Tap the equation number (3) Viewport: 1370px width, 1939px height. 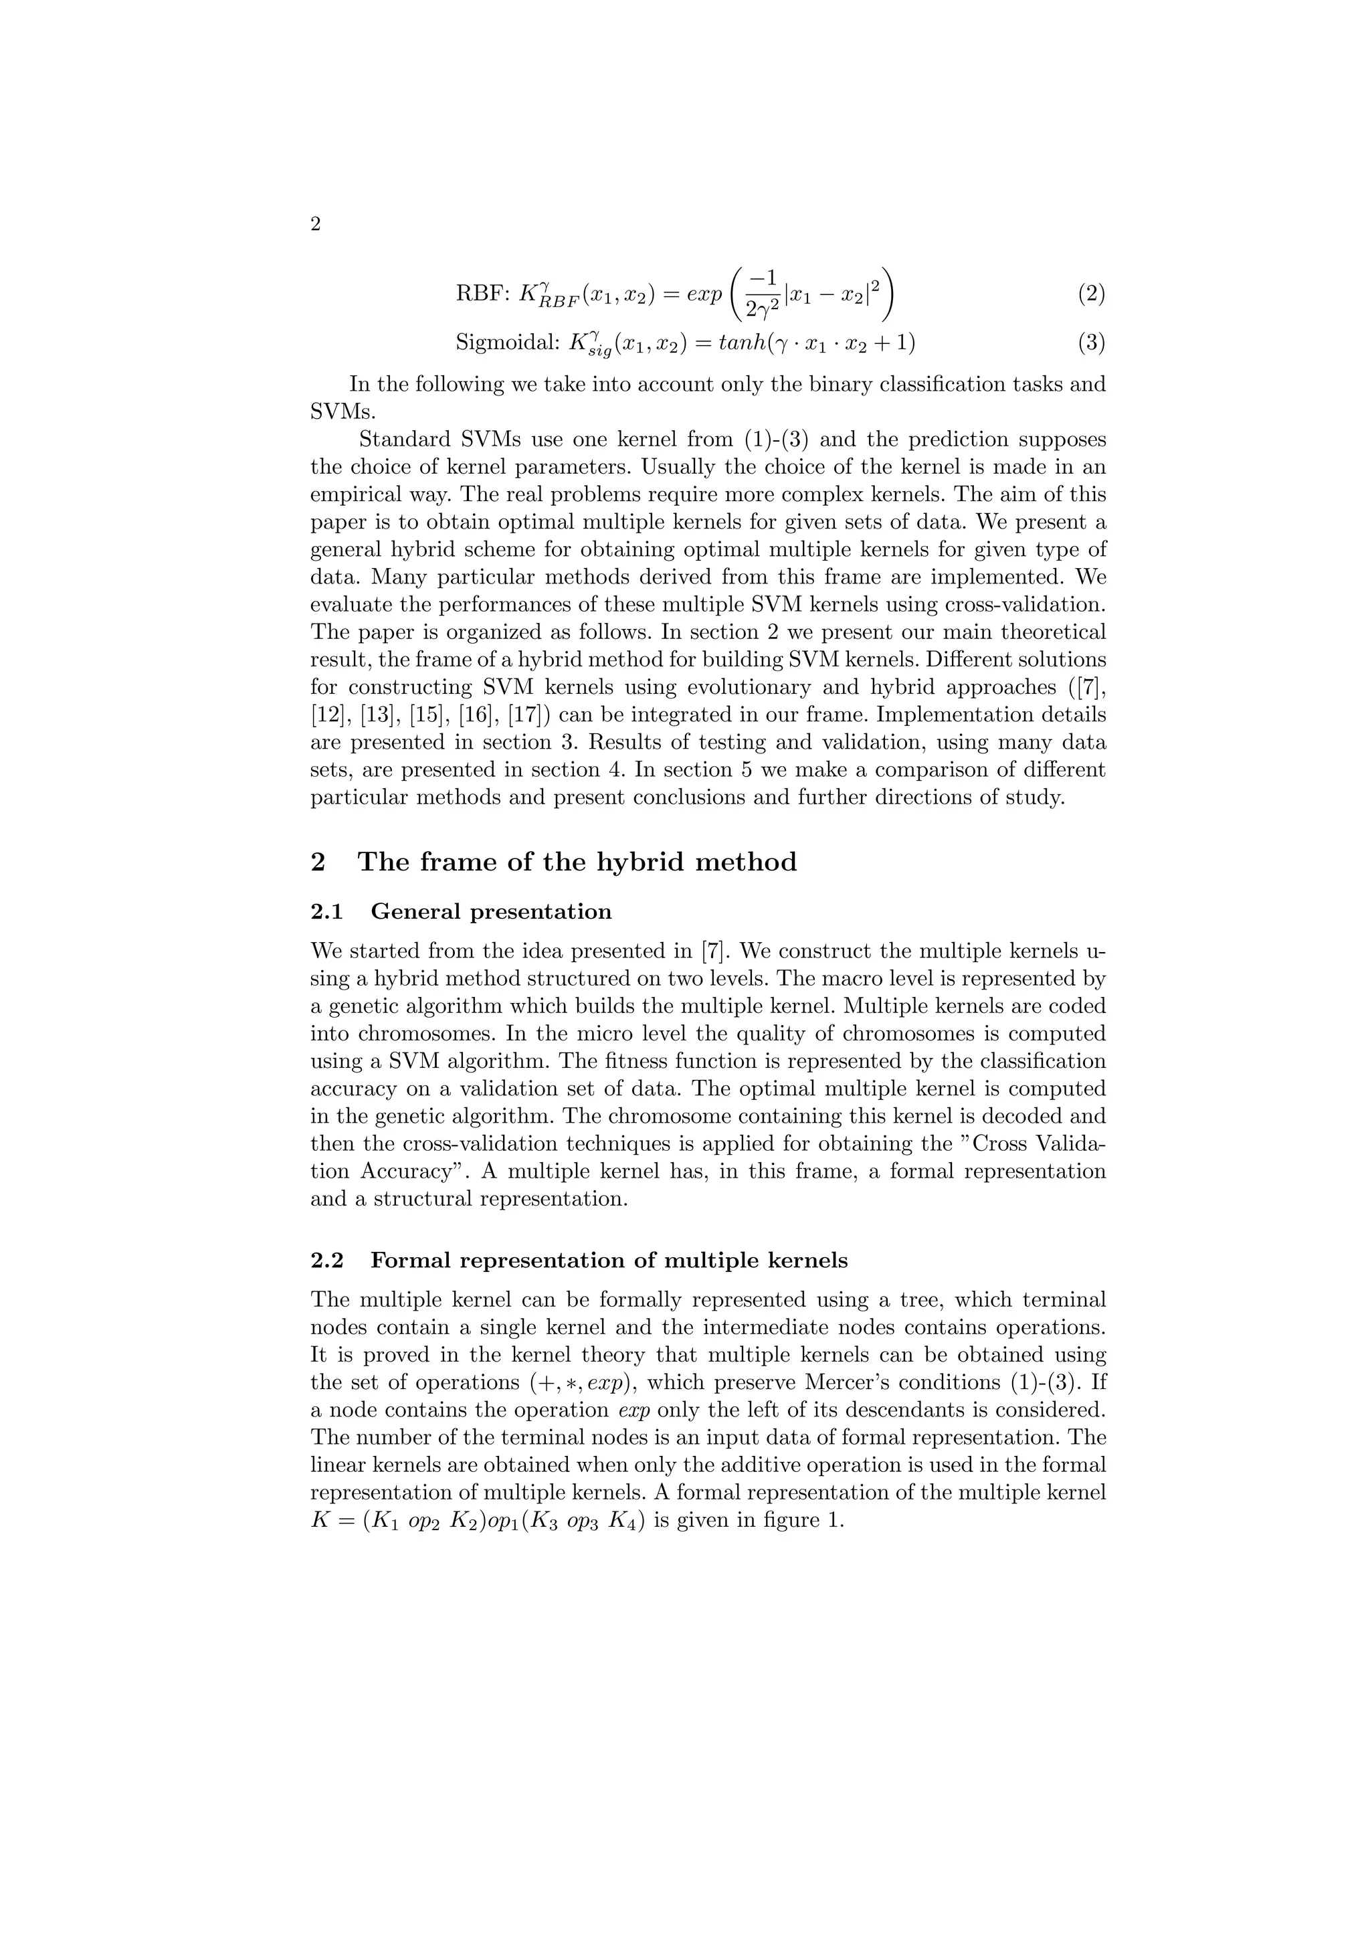[x=1090, y=342]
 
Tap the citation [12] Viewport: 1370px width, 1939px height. [x=329, y=715]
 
